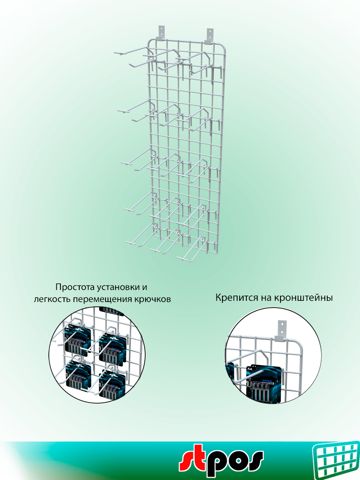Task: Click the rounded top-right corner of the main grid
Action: [x=223, y=43]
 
